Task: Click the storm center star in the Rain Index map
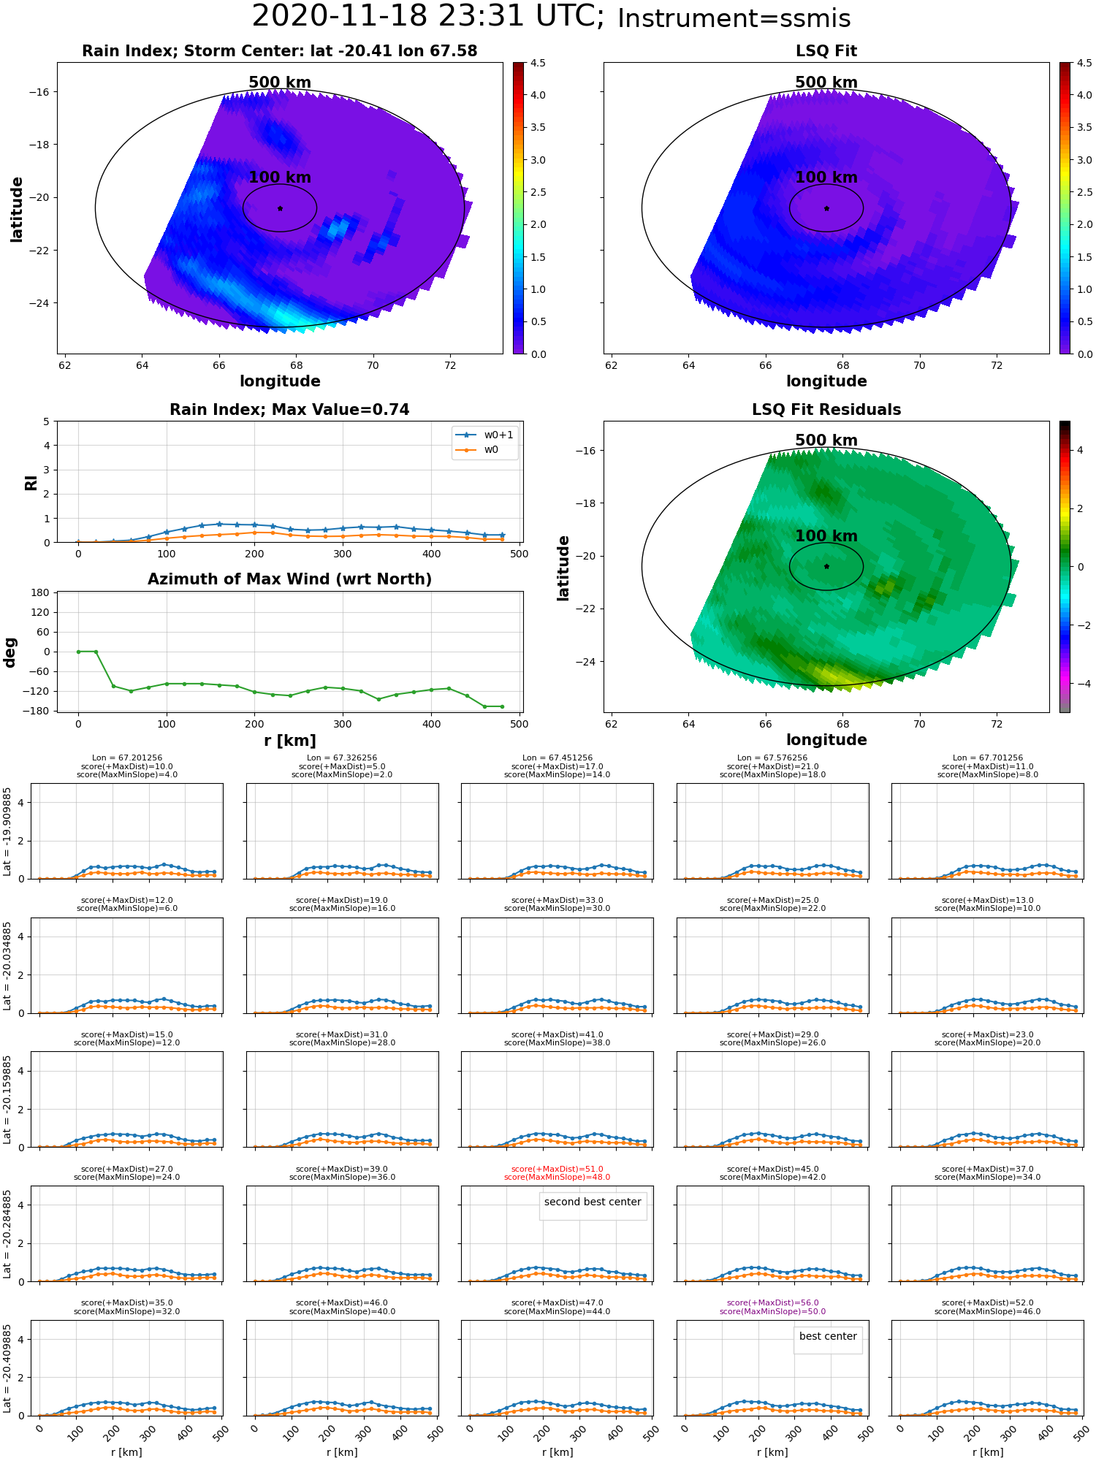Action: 280,208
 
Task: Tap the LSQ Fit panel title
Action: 826,51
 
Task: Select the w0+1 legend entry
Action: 485,435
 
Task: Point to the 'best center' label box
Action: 828,1337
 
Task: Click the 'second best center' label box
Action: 593,1202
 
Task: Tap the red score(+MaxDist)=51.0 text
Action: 557,1169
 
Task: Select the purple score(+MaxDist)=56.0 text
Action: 772,1302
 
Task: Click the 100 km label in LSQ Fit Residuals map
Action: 826,536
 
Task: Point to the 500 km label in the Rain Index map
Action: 280,83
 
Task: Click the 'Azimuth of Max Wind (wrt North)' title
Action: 290,579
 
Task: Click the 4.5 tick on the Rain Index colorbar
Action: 538,64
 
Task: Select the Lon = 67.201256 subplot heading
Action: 127,758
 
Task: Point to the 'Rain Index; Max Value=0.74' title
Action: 290,410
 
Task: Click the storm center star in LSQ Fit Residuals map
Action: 826,566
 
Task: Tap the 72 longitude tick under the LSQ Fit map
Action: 997,365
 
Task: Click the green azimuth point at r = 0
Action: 78,652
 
